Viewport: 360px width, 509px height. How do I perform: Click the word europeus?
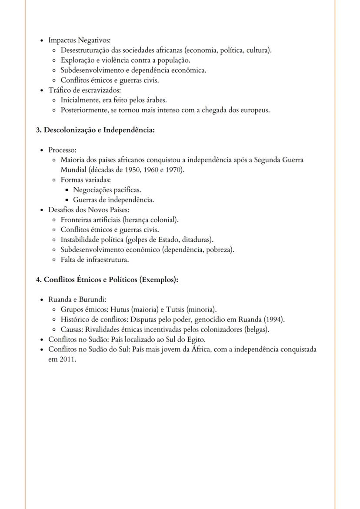click(x=255, y=110)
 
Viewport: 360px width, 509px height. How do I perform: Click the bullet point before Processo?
click(x=42, y=150)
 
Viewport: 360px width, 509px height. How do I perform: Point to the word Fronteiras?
click(x=77, y=220)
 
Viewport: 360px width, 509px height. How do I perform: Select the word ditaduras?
click(x=197, y=240)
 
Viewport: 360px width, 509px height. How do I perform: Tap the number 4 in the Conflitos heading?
click(x=38, y=279)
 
